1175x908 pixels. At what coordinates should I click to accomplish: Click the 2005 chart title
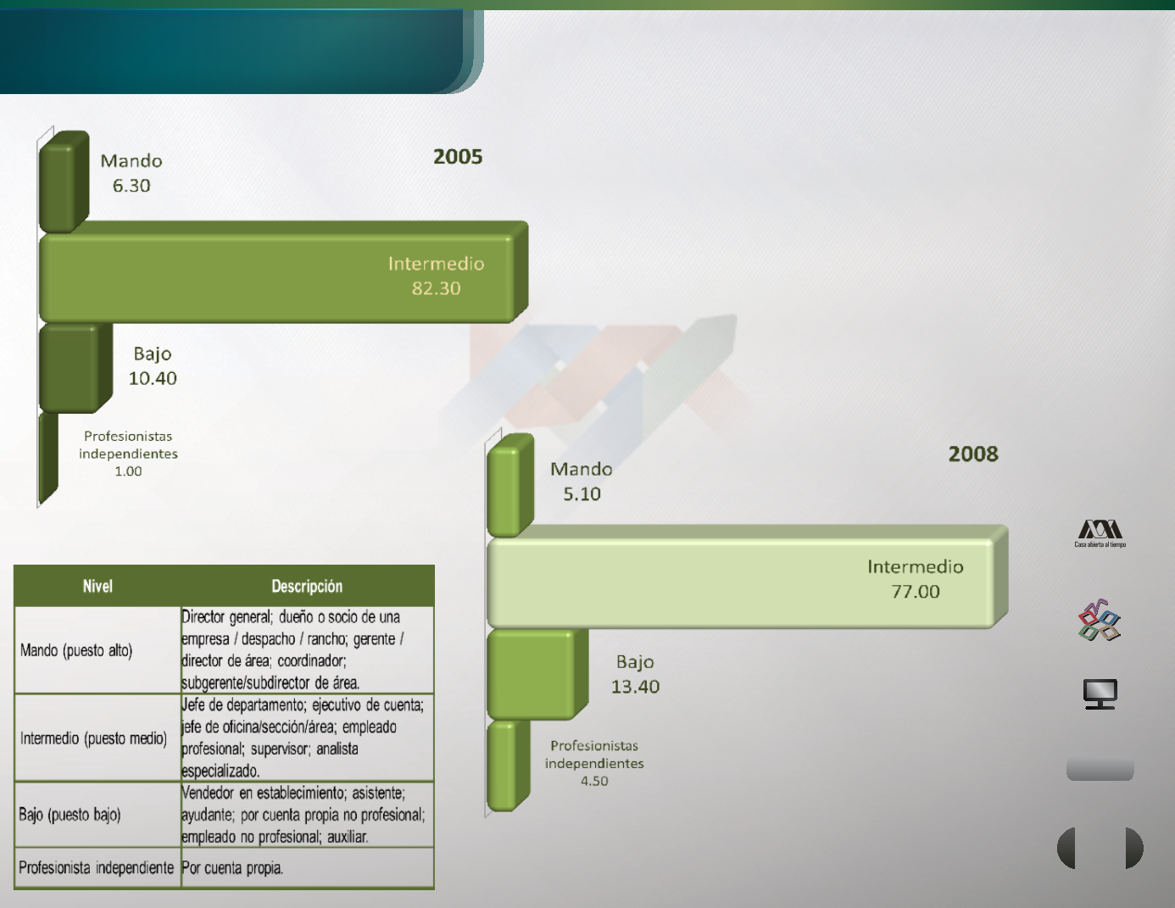[x=458, y=157]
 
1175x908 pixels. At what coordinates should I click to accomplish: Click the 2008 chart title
[x=973, y=454]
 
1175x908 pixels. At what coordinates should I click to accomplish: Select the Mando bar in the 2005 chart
[x=64, y=181]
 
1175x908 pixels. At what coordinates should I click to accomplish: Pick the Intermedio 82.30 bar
[x=283, y=272]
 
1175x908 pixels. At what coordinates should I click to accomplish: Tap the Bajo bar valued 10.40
[x=75, y=368]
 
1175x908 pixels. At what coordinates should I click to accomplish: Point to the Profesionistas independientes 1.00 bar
[x=48, y=459]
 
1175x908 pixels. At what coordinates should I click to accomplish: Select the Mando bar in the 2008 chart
[x=510, y=485]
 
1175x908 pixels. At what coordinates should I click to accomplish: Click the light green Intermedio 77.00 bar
[x=747, y=577]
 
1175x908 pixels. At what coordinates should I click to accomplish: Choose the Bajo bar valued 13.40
[x=537, y=674]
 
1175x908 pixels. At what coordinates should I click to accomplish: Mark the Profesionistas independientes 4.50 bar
[x=509, y=766]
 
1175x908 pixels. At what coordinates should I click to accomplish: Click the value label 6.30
[x=131, y=186]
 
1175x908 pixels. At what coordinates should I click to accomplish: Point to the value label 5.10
[x=582, y=493]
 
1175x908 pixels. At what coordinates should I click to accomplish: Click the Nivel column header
[x=97, y=586]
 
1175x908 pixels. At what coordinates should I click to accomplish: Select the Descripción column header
[x=307, y=586]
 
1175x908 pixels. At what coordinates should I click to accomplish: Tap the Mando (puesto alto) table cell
[x=76, y=650]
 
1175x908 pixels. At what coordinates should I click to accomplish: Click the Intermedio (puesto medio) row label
[x=93, y=738]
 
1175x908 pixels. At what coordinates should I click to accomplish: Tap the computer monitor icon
[x=1100, y=694]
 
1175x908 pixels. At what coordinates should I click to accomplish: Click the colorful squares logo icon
[x=1100, y=620]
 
